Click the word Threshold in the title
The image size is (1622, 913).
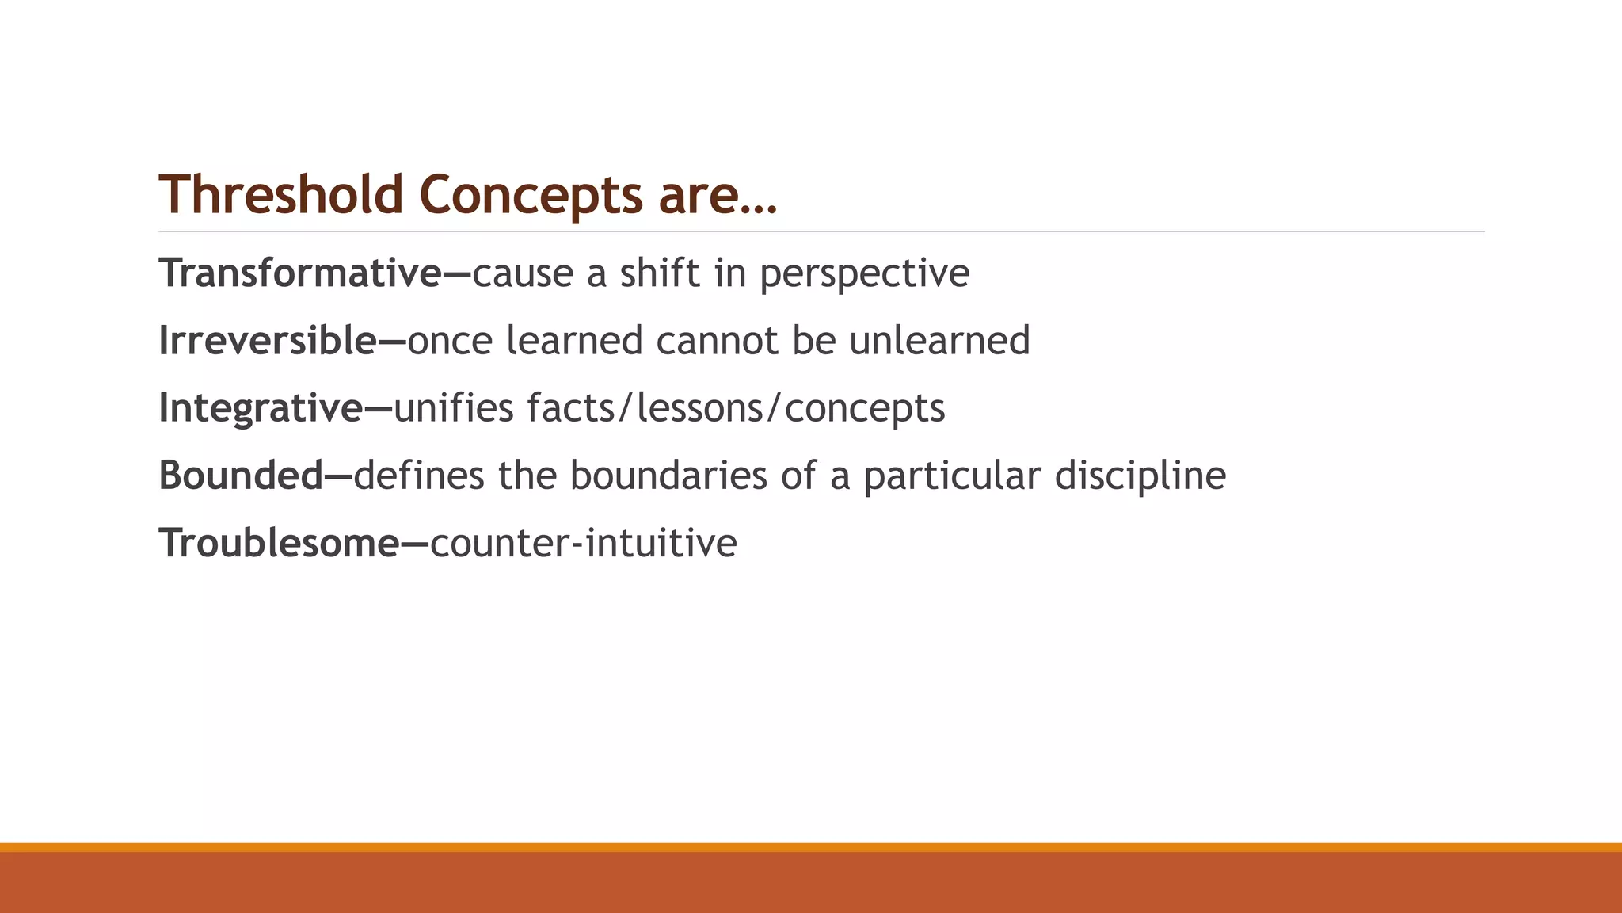click(281, 194)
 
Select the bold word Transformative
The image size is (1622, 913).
click(300, 273)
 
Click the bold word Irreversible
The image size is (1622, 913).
click(268, 341)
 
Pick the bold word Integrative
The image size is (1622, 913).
click(261, 409)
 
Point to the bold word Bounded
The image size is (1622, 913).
click(241, 476)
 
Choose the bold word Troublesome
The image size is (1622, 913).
click(280, 543)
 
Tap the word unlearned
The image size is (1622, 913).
click(939, 341)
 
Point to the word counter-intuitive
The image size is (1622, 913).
click(583, 543)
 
